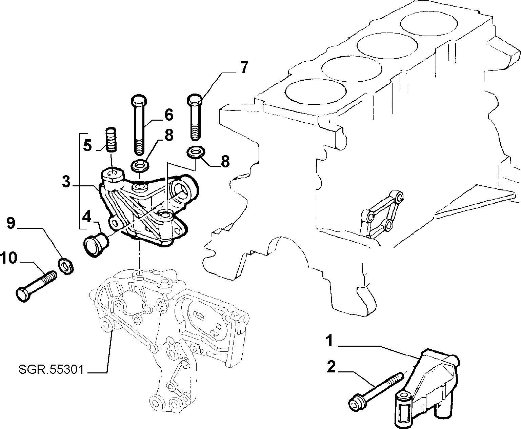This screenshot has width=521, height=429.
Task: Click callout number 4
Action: point(87,217)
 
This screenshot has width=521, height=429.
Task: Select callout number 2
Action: point(331,367)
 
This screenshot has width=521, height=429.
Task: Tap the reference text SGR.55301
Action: point(51,370)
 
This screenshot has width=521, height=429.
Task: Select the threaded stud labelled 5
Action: point(111,139)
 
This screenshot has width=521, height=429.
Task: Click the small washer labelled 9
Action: point(66,266)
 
